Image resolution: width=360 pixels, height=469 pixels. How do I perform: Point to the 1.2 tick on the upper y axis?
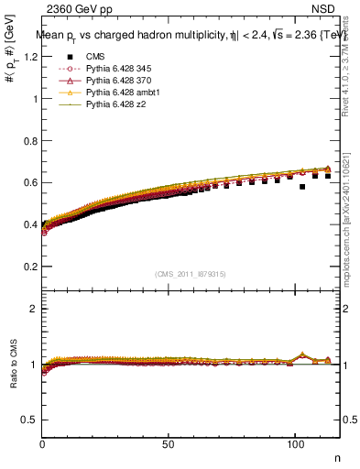30,57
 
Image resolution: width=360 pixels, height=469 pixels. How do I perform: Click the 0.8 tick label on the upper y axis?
30,141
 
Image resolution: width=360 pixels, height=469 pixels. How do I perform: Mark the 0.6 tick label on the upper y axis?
30,182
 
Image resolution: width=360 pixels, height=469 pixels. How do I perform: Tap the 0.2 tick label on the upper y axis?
30,267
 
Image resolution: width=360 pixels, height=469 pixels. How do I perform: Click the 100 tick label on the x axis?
294,443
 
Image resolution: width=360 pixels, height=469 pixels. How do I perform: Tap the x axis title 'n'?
336,457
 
